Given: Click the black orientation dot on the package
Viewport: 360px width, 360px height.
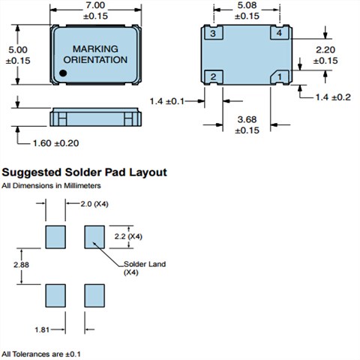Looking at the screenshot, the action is click(63, 73).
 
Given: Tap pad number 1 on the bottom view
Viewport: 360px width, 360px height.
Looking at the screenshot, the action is click(280, 76).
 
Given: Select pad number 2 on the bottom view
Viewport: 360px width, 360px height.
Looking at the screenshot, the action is click(213, 76).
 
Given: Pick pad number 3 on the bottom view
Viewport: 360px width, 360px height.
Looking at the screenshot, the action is click(213, 33).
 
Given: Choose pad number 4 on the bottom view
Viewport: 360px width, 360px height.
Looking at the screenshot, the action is click(280, 33).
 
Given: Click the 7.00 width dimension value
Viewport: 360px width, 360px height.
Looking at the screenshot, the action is click(95, 5).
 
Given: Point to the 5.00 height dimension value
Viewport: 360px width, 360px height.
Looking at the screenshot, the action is click(18, 49).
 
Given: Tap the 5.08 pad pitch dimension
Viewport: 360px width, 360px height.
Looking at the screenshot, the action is click(247, 5).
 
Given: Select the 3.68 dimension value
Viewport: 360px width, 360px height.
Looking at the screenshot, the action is click(247, 119).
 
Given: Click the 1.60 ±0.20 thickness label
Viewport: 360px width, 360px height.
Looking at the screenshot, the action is click(56, 143).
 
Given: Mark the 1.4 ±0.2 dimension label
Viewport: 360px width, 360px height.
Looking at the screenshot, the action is click(333, 97).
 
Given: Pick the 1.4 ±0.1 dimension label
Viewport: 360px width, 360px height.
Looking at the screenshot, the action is click(167, 101).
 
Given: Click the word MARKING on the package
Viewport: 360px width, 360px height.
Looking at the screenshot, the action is click(95, 49).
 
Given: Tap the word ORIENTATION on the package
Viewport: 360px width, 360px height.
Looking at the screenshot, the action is click(95, 60).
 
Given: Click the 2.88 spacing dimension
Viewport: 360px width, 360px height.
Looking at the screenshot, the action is click(21, 265).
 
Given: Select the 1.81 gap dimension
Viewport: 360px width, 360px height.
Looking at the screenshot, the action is click(42, 330).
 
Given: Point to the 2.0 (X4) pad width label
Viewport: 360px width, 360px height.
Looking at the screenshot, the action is click(94, 204).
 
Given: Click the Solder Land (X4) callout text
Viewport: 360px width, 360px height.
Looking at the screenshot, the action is click(145, 268).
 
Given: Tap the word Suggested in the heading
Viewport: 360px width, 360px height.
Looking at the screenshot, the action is click(31, 172).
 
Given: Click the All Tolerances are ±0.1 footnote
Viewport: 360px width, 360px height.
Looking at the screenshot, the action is click(41, 354).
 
